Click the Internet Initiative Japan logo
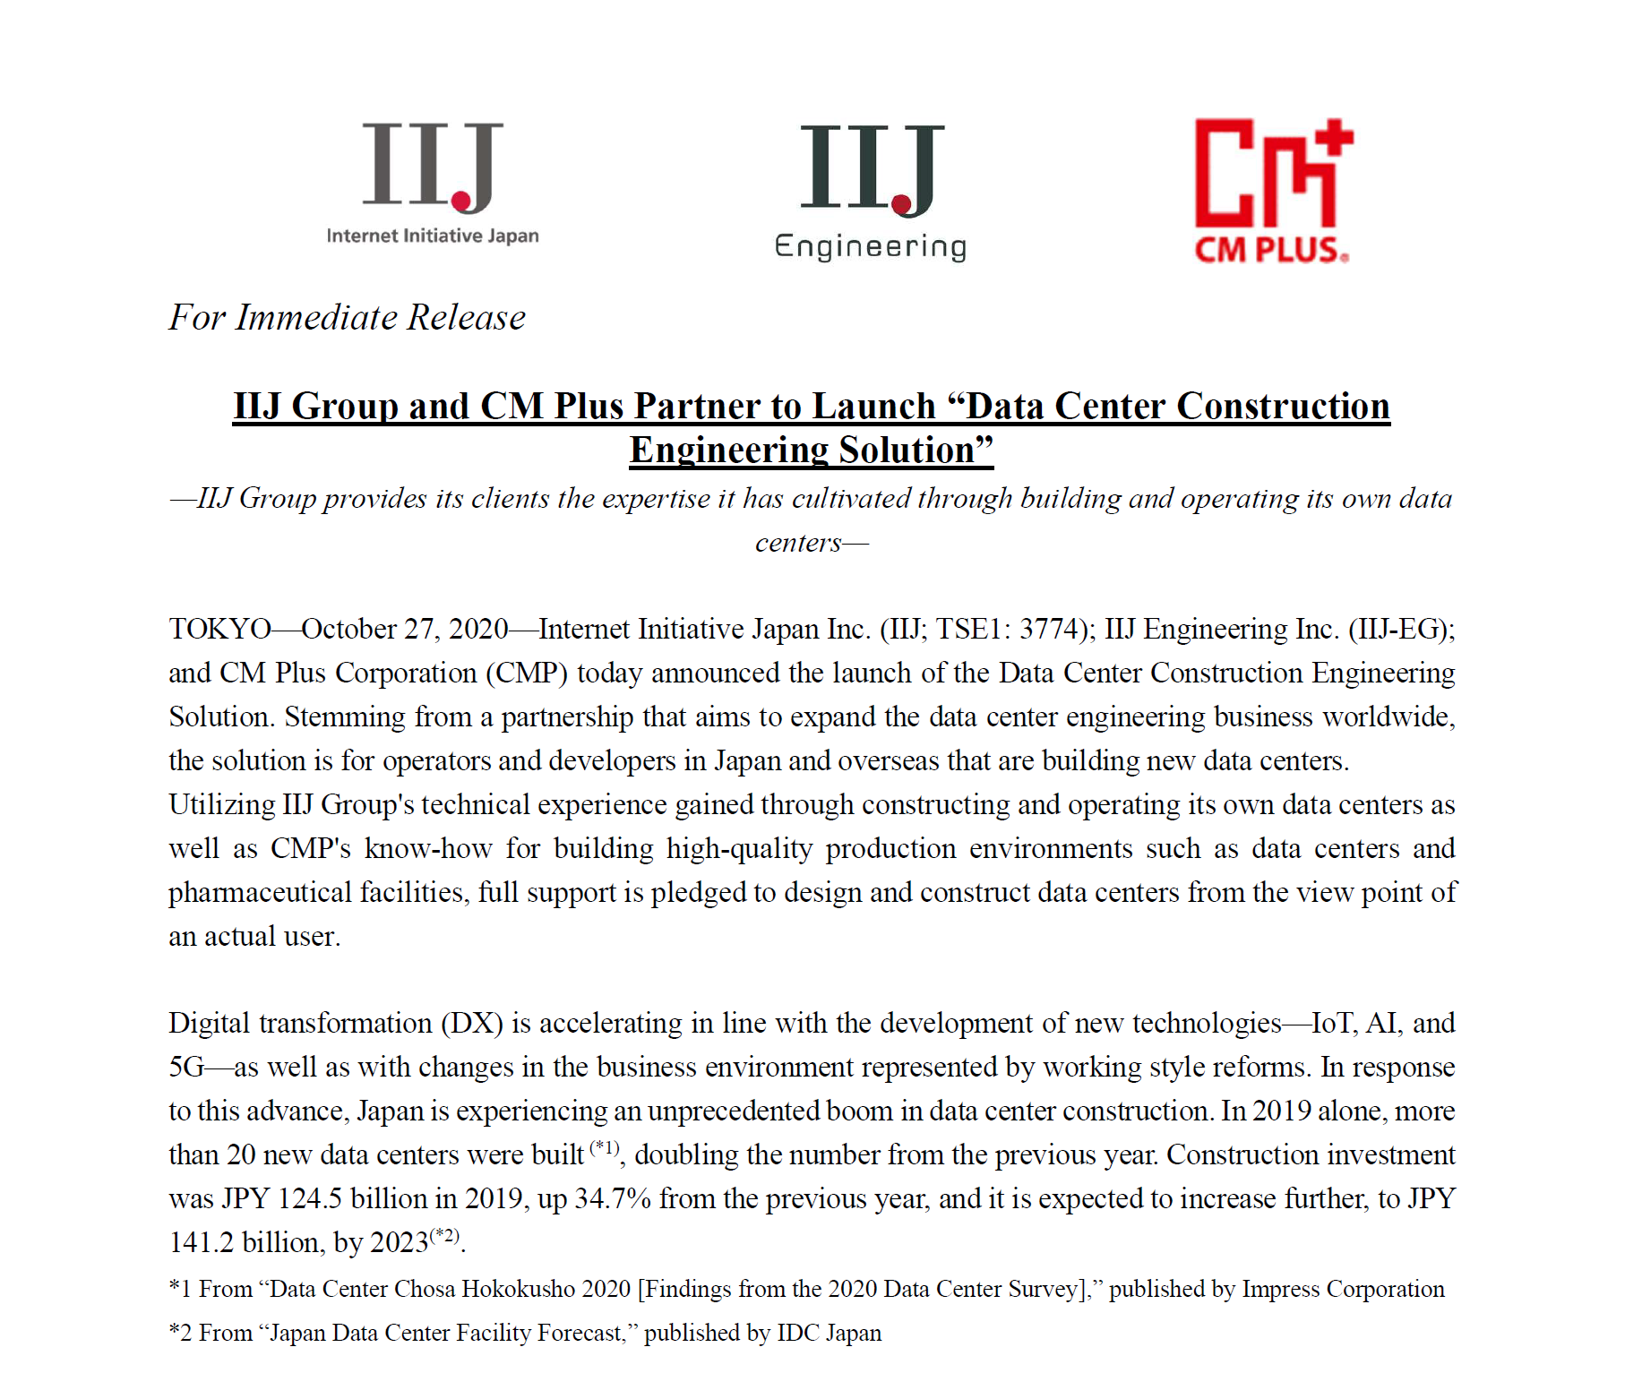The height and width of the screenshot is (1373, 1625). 433,184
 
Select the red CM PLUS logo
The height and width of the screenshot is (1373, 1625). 1273,191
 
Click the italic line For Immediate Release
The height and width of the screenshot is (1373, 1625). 348,318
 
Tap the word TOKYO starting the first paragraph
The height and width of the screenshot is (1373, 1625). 219,630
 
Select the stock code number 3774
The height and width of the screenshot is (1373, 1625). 1053,630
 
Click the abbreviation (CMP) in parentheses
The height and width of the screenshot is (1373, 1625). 527,674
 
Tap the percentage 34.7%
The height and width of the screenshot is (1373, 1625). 612,1199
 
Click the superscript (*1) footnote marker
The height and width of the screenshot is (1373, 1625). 605,1147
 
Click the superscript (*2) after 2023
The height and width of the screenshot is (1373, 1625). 444,1237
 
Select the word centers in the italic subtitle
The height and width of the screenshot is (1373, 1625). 798,544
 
